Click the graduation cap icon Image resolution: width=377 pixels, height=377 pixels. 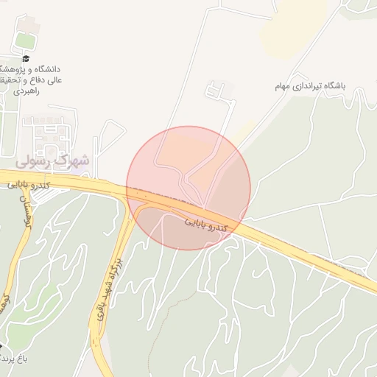27,58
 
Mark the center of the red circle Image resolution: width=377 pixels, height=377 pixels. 188,188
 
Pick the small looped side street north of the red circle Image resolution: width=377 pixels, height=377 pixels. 215,92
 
